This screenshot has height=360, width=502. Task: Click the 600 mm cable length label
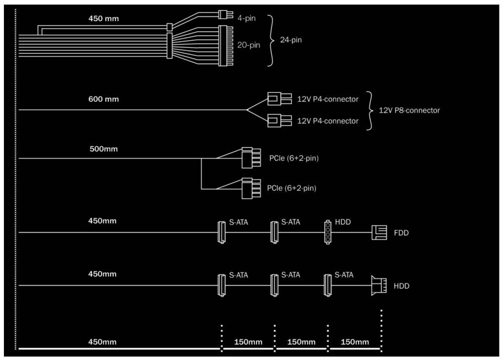pyautogui.click(x=104, y=99)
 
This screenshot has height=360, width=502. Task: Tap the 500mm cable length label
pyautogui.click(x=103, y=149)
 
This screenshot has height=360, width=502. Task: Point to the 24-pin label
pyautogui.click(x=291, y=40)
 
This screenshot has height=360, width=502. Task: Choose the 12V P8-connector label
pyautogui.click(x=409, y=110)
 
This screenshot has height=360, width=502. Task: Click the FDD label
pyautogui.click(x=401, y=232)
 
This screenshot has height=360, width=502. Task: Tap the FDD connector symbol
pyautogui.click(x=379, y=232)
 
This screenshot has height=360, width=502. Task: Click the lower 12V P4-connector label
pyautogui.click(x=328, y=121)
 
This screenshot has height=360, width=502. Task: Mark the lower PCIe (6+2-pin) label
pyautogui.click(x=292, y=188)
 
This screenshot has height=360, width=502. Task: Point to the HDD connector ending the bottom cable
pyautogui.click(x=379, y=285)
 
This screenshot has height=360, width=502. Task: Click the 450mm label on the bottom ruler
pyautogui.click(x=102, y=342)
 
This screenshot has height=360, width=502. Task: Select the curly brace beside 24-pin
pyautogui.click(x=271, y=40)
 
